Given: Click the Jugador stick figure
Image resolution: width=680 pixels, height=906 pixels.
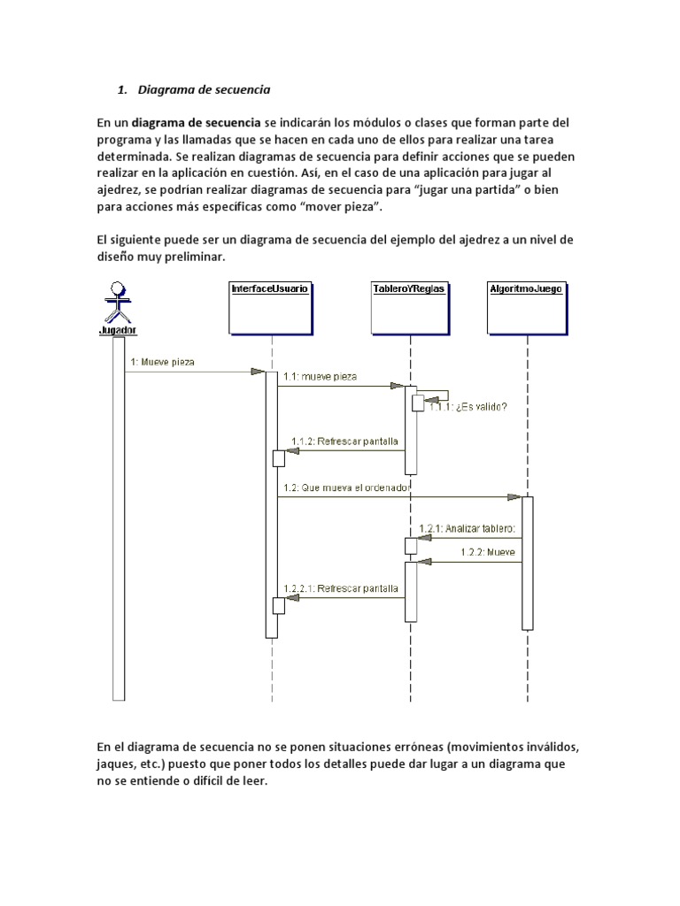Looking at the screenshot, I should point(117,301).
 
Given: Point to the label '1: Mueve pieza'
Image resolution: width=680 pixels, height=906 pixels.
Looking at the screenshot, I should point(162,362).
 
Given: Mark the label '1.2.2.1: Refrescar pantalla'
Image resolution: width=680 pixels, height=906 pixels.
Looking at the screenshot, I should point(341,587).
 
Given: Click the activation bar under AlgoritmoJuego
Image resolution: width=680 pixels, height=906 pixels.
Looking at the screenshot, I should point(528,563).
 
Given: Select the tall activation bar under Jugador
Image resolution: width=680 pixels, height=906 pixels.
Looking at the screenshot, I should point(119,518).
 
